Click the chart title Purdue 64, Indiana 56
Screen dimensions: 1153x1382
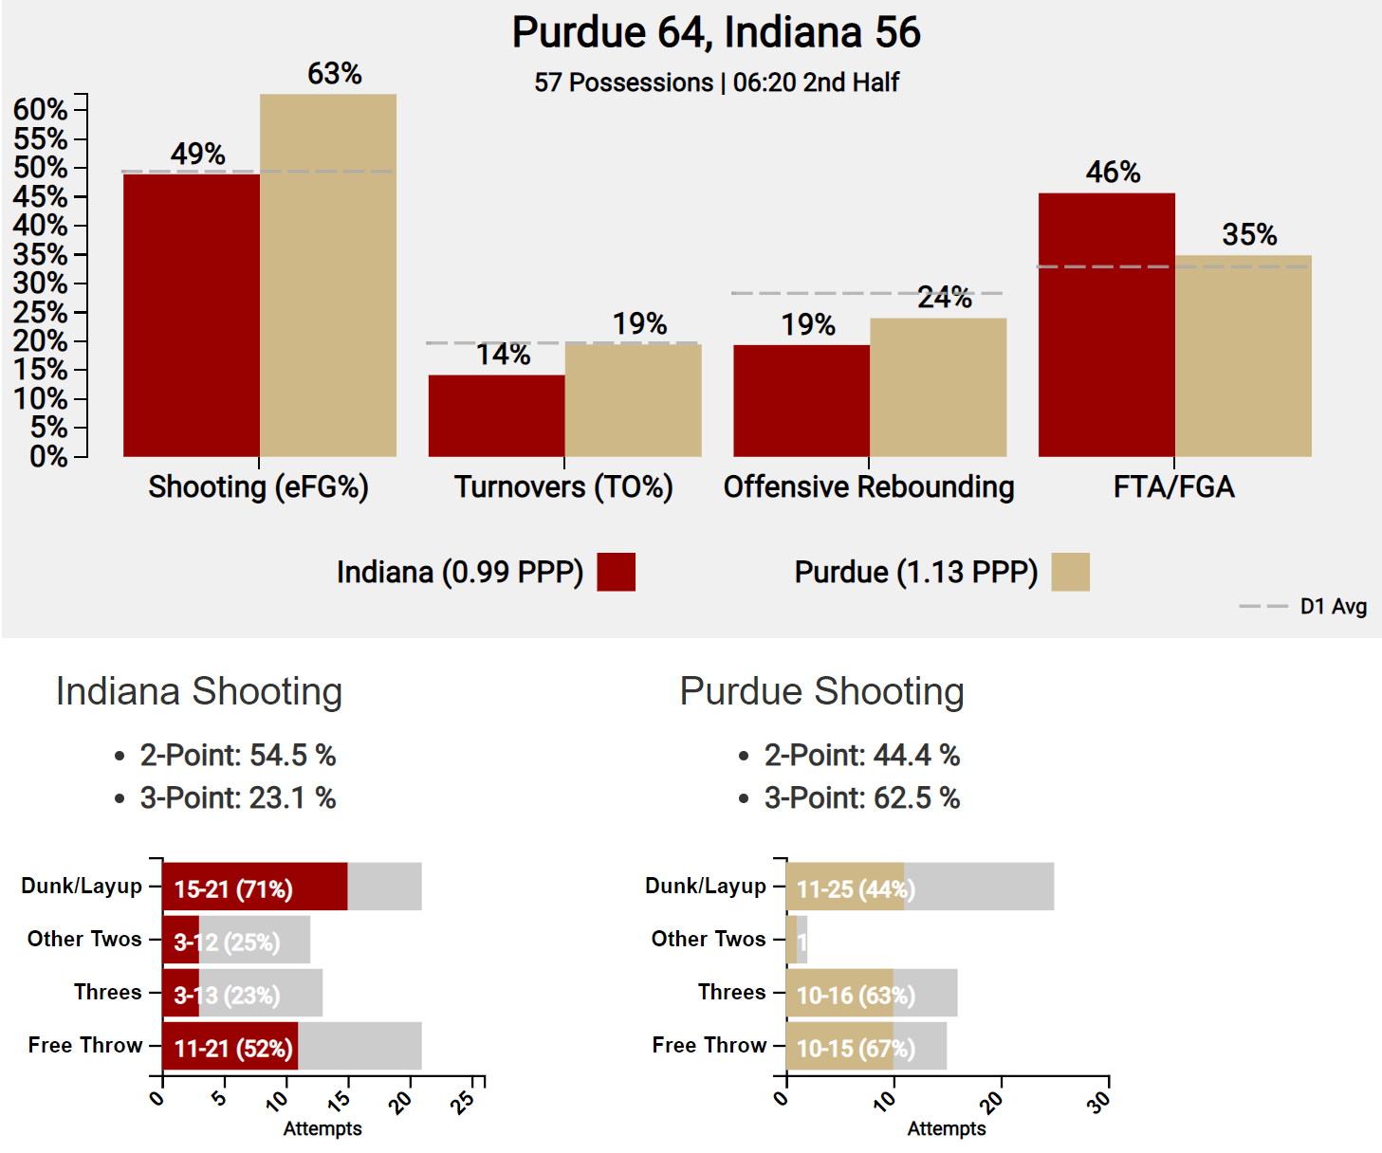click(x=716, y=32)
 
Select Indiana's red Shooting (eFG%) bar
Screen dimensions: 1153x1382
click(x=192, y=315)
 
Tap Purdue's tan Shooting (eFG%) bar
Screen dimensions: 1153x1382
click(x=328, y=275)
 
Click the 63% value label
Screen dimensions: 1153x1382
click(x=335, y=74)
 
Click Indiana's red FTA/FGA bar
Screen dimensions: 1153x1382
click(x=1107, y=324)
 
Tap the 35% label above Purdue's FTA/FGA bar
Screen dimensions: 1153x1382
click(x=1249, y=235)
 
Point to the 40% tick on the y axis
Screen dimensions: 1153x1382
click(x=40, y=226)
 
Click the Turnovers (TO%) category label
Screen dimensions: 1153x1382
click(x=563, y=487)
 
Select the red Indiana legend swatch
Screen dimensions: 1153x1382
click(x=616, y=572)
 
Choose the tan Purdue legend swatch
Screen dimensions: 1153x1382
click(x=1070, y=572)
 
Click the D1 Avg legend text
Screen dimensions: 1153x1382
click(x=1333, y=607)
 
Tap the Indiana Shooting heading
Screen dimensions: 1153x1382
click(x=199, y=691)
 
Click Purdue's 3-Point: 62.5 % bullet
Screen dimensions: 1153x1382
click(x=861, y=797)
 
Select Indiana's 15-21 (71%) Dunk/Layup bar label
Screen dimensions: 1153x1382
click(x=233, y=889)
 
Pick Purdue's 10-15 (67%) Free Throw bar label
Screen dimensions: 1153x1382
click(x=856, y=1049)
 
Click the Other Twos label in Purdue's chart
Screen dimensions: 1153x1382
click(x=708, y=939)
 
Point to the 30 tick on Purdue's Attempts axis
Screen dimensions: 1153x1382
click(x=1100, y=1101)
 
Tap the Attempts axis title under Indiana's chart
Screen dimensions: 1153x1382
click(x=322, y=1128)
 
